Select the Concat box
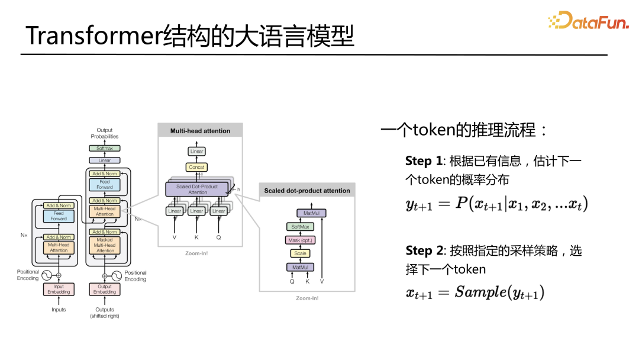pos(196,168)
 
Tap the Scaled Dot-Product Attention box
pos(198,189)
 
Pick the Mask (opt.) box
pos(300,240)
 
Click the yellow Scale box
pos(300,253)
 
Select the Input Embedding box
pos(59,289)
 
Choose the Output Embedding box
pos(105,289)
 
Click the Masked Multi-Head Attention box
pos(105,245)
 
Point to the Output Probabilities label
pos(105,133)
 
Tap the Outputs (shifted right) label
pos(105,313)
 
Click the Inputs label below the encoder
pos(59,310)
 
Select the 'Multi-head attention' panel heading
pos(200,131)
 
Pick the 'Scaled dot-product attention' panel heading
pos(307,191)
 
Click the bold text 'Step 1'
pos(424,161)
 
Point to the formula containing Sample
pos(475,292)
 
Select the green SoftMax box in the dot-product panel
pos(300,227)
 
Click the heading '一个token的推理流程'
pos(464,130)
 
